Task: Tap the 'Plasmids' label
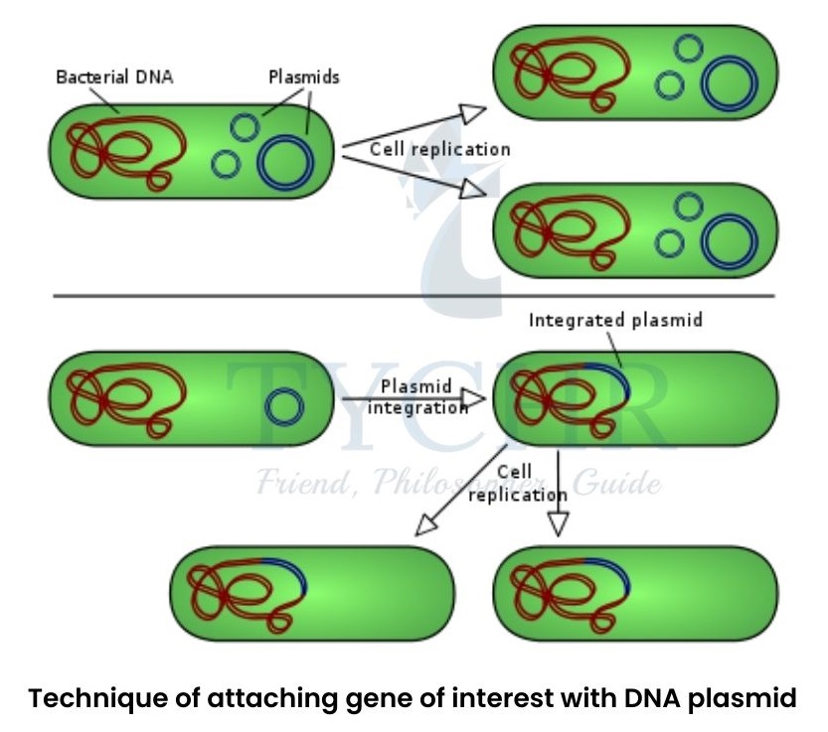tap(304, 76)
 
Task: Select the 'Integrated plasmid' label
tap(615, 321)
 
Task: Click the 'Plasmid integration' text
tap(416, 396)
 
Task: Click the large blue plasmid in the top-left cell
tap(286, 162)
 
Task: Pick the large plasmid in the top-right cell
tap(729, 82)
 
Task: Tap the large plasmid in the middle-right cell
tap(729, 241)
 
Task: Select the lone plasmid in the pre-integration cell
tap(284, 406)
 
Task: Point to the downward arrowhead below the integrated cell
tap(559, 523)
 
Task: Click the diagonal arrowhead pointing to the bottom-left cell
tap(427, 524)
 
